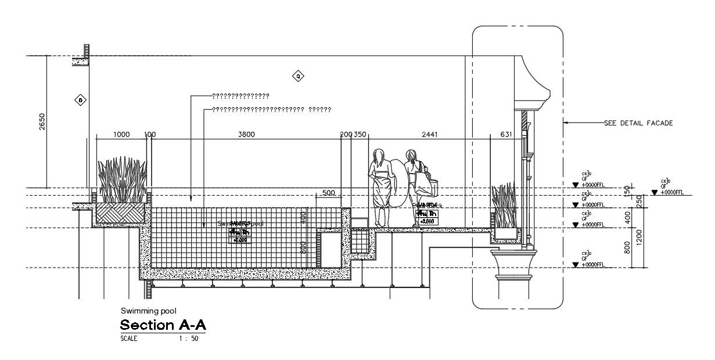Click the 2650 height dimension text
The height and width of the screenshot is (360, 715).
tap(42, 122)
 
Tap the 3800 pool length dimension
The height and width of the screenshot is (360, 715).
tap(246, 135)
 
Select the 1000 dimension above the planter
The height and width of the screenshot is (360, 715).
tap(121, 135)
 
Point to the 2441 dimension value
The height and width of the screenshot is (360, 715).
tap(429, 135)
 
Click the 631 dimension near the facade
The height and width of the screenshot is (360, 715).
tap(506, 135)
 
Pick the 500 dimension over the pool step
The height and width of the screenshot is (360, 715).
tap(329, 193)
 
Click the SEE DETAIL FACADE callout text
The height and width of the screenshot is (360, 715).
tap(638, 123)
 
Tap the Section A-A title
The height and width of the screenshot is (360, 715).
tap(163, 325)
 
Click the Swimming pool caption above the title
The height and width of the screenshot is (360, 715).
tap(148, 311)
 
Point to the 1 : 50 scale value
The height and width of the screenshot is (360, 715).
tap(189, 339)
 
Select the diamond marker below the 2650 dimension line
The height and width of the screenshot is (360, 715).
tap(80, 100)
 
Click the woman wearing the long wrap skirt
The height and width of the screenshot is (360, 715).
tap(380, 186)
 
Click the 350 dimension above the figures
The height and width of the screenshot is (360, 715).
tap(360, 135)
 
